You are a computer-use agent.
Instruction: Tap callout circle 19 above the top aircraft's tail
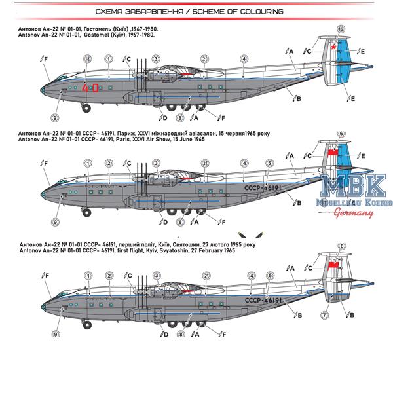click(x=340, y=29)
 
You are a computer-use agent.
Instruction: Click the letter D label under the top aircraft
click(x=165, y=118)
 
